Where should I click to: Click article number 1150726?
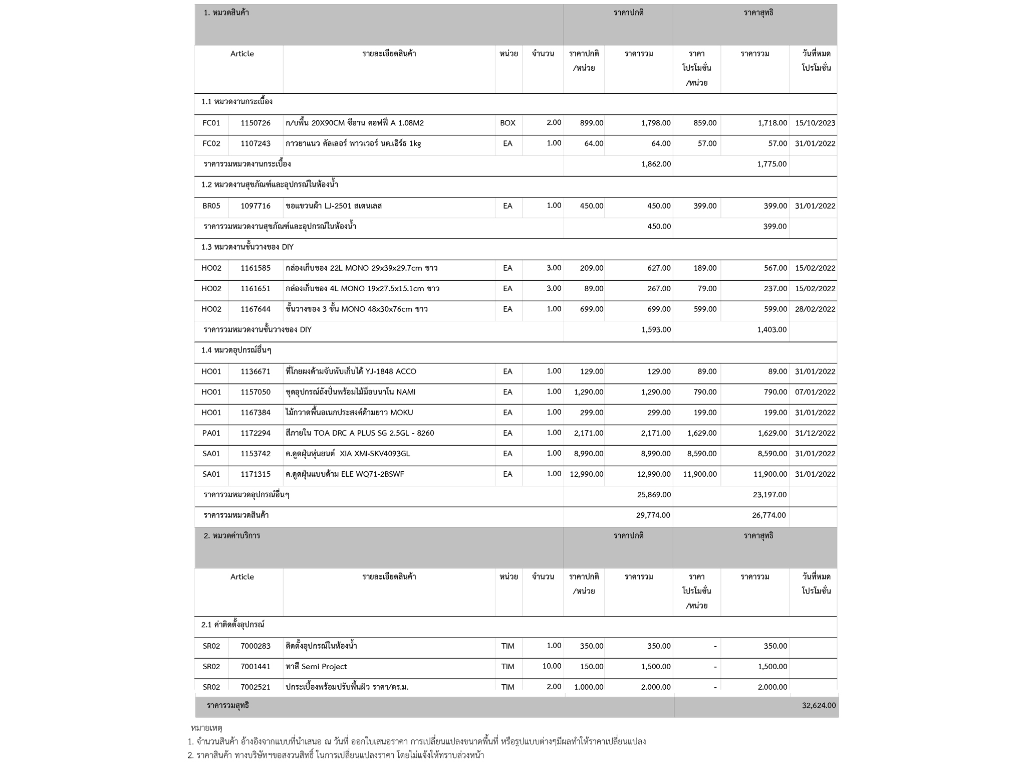pos(255,123)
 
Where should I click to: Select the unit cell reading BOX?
pos(507,123)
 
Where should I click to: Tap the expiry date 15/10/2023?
pos(815,123)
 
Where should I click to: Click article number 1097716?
pos(255,206)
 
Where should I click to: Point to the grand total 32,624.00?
pos(819,706)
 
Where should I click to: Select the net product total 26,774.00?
pos(769,515)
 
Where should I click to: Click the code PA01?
pos(211,433)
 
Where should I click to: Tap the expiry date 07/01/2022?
pos(815,392)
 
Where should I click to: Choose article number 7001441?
pos(255,667)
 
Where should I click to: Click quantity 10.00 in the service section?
pos(552,666)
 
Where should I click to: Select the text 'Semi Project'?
pos(324,667)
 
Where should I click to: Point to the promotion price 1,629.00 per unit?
pos(702,433)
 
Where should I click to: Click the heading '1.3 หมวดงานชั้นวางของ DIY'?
pos(247,247)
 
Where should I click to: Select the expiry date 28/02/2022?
pos(815,309)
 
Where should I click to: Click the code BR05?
pos(211,206)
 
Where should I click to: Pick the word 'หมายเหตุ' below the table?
pos(206,727)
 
